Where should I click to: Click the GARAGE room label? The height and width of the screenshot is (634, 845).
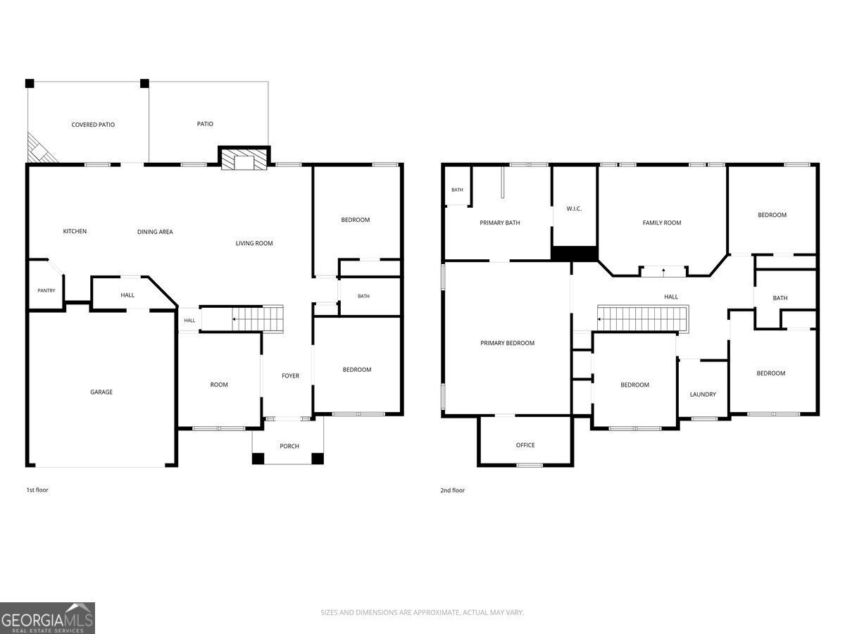pyautogui.click(x=101, y=392)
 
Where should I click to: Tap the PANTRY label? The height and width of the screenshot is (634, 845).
pyautogui.click(x=46, y=291)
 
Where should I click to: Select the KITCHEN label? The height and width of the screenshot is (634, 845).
pyautogui.click(x=75, y=231)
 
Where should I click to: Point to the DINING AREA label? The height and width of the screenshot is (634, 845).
pyautogui.click(x=155, y=232)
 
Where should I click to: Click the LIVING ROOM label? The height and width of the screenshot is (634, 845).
pyautogui.click(x=254, y=243)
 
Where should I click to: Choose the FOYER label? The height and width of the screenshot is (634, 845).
pyautogui.click(x=290, y=375)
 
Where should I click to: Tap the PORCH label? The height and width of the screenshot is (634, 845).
pyautogui.click(x=289, y=446)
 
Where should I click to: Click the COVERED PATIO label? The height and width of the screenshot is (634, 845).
pyautogui.click(x=93, y=125)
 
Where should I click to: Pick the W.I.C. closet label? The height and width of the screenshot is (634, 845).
pyautogui.click(x=574, y=209)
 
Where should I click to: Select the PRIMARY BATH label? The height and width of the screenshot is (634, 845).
pyautogui.click(x=500, y=223)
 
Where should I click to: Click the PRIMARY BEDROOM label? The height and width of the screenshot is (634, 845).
pyautogui.click(x=508, y=343)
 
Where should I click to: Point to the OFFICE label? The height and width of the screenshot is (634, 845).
pyautogui.click(x=525, y=445)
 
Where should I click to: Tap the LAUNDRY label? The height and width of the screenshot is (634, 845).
pyautogui.click(x=703, y=394)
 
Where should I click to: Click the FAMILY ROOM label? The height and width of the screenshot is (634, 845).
pyautogui.click(x=662, y=223)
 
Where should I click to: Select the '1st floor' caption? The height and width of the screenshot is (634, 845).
pyautogui.click(x=37, y=490)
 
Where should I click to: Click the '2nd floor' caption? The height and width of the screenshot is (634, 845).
pyautogui.click(x=452, y=490)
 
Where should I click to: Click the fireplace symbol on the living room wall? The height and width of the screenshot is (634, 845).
pyautogui.click(x=244, y=158)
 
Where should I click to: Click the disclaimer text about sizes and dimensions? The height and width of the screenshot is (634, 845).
pyautogui.click(x=423, y=612)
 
